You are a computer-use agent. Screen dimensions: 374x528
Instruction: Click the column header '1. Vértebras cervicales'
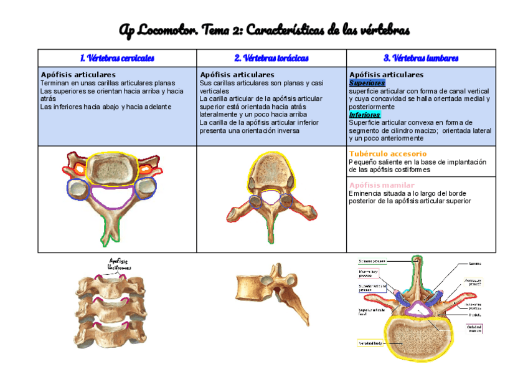(x=117, y=58)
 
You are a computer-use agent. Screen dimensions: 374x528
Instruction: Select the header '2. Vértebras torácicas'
(x=271, y=58)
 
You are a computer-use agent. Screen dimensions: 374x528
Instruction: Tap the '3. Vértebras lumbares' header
(x=421, y=58)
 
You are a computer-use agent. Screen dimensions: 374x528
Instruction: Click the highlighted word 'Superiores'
(x=367, y=83)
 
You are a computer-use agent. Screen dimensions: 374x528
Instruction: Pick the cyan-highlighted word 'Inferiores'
(x=365, y=115)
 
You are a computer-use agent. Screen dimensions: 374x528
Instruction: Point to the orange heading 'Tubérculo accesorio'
(x=388, y=153)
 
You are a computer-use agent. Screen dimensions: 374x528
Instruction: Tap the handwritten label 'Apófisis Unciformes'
(x=119, y=264)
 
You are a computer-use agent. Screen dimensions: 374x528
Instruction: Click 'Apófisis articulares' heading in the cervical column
(x=78, y=75)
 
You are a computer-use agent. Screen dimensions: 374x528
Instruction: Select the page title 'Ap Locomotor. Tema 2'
(x=264, y=30)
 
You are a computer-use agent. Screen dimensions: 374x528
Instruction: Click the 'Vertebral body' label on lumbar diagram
(x=369, y=343)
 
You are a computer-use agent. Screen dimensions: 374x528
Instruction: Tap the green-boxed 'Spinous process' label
(x=372, y=261)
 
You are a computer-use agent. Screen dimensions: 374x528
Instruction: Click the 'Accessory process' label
(x=474, y=282)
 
